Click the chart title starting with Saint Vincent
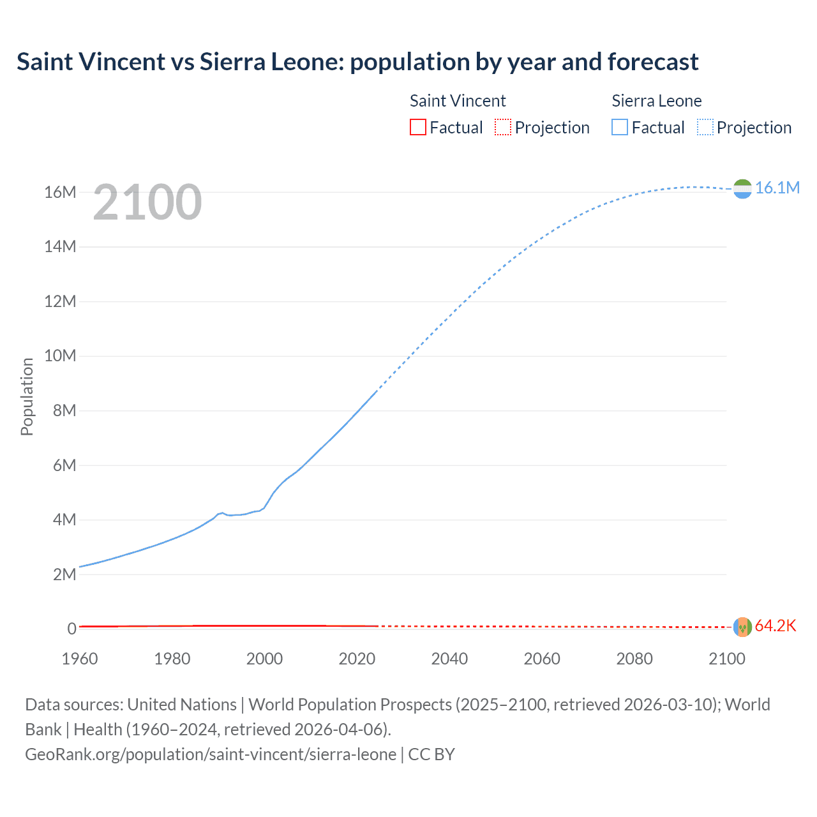pyautogui.click(x=357, y=62)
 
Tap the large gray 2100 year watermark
pyautogui.click(x=147, y=202)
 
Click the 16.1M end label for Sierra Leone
pyautogui.click(x=777, y=188)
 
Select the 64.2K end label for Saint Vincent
pyautogui.click(x=776, y=626)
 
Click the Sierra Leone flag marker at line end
pyautogui.click(x=742, y=189)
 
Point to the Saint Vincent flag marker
pyautogui.click(x=742, y=627)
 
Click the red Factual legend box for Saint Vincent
pyautogui.click(x=417, y=128)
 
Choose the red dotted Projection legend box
pyautogui.click(x=503, y=128)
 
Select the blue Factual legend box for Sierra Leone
pyautogui.click(x=620, y=128)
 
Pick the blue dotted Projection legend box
pyautogui.click(x=705, y=128)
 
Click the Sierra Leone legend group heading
pyautogui.click(x=656, y=101)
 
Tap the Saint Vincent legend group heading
pyautogui.click(x=458, y=101)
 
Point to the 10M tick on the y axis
pyautogui.click(x=60, y=356)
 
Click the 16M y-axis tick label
pyautogui.click(x=60, y=192)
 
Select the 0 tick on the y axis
pyautogui.click(x=71, y=629)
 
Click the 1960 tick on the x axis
pyautogui.click(x=80, y=659)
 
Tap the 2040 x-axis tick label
pyautogui.click(x=449, y=659)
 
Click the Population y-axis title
pyautogui.click(x=27, y=396)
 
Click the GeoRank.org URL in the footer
pyautogui.click(x=211, y=754)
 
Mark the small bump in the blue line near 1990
pyautogui.click(x=221, y=513)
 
